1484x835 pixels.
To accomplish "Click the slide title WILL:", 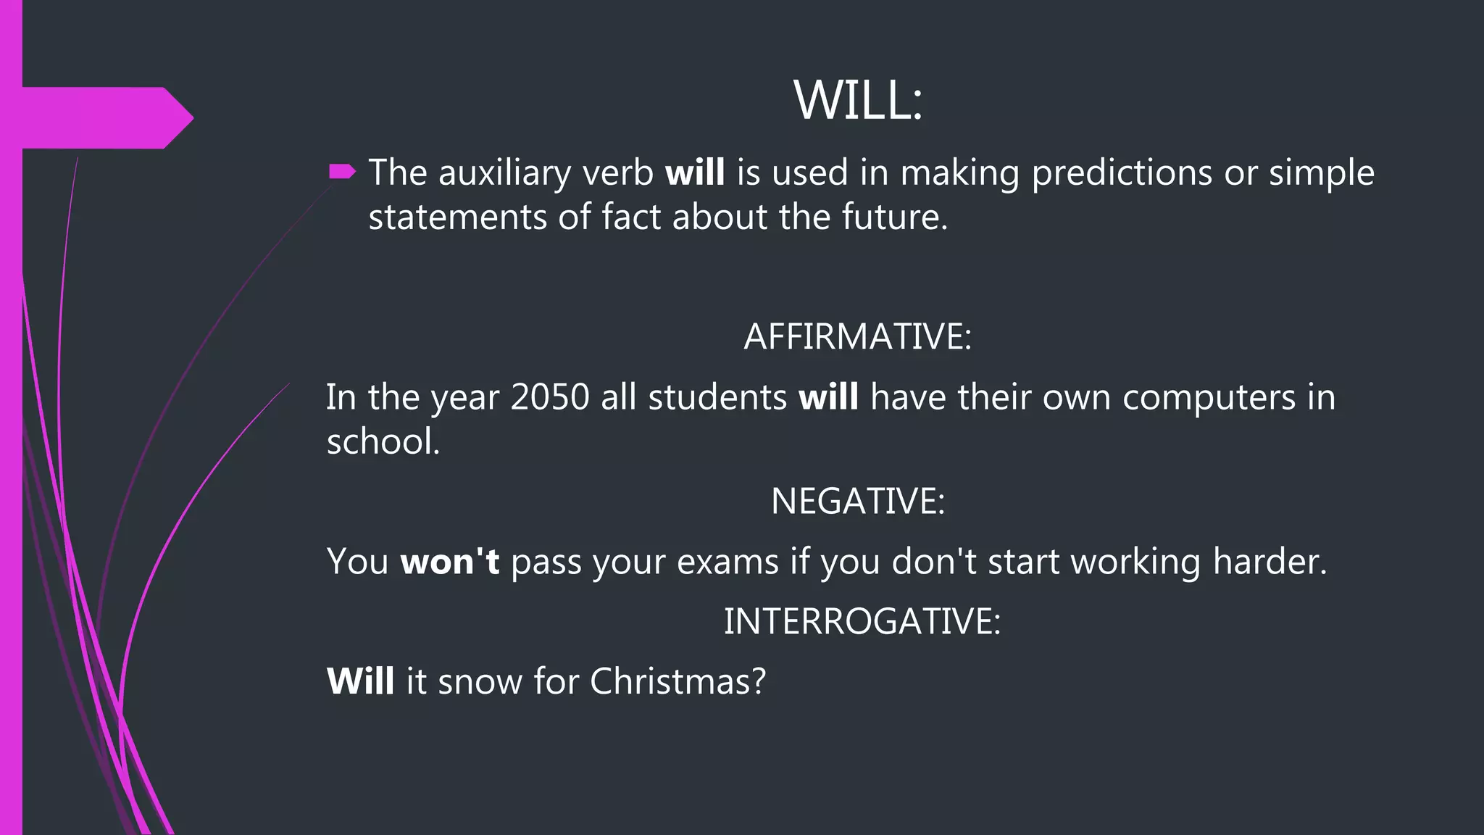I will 858,100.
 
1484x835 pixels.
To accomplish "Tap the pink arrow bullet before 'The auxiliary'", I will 342,172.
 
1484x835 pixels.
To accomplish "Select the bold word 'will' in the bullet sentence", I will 694,173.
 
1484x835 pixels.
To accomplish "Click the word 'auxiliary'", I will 504,174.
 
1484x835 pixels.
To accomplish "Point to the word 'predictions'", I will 1121,174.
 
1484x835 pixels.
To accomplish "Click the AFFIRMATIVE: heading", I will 857,336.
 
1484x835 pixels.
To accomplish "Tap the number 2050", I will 550,397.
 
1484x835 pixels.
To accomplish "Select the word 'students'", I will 717,397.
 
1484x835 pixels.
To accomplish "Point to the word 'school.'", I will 383,441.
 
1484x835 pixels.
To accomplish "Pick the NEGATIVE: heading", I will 858,501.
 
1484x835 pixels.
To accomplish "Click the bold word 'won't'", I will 449,561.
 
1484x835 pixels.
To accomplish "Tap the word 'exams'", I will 728,562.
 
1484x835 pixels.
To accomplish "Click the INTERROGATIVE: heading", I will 862,621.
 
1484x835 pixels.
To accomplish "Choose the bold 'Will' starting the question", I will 360,681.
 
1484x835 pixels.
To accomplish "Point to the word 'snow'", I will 479,682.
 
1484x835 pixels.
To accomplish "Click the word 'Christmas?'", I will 678,681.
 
